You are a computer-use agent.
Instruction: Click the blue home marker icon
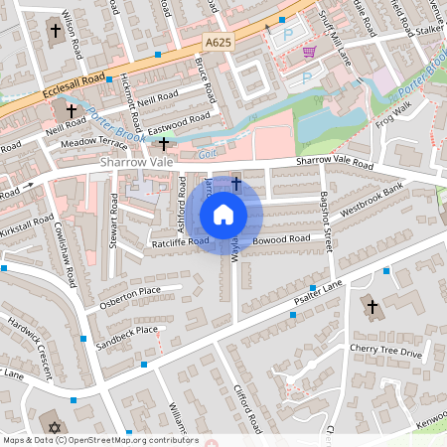(x=223, y=215)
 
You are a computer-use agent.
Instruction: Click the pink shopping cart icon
(x=309, y=52)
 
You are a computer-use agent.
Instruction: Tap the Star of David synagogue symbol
(x=55, y=428)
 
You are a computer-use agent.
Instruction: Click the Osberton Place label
(x=129, y=295)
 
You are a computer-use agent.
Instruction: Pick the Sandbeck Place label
(x=128, y=332)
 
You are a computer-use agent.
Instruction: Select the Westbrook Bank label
(x=372, y=198)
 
